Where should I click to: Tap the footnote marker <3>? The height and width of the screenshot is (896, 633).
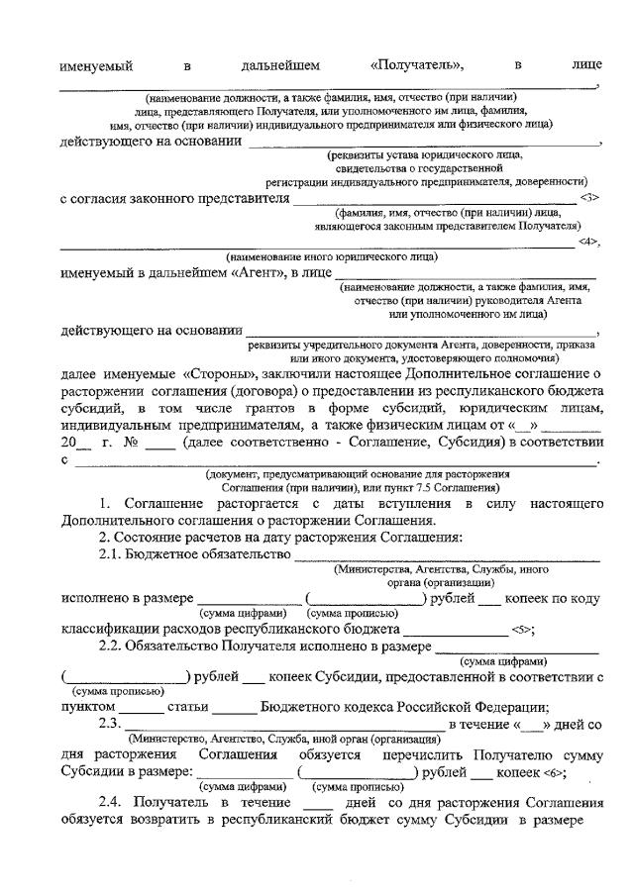(x=590, y=199)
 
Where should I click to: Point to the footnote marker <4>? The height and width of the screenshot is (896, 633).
(x=590, y=243)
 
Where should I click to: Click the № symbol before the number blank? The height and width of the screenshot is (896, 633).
(x=129, y=443)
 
